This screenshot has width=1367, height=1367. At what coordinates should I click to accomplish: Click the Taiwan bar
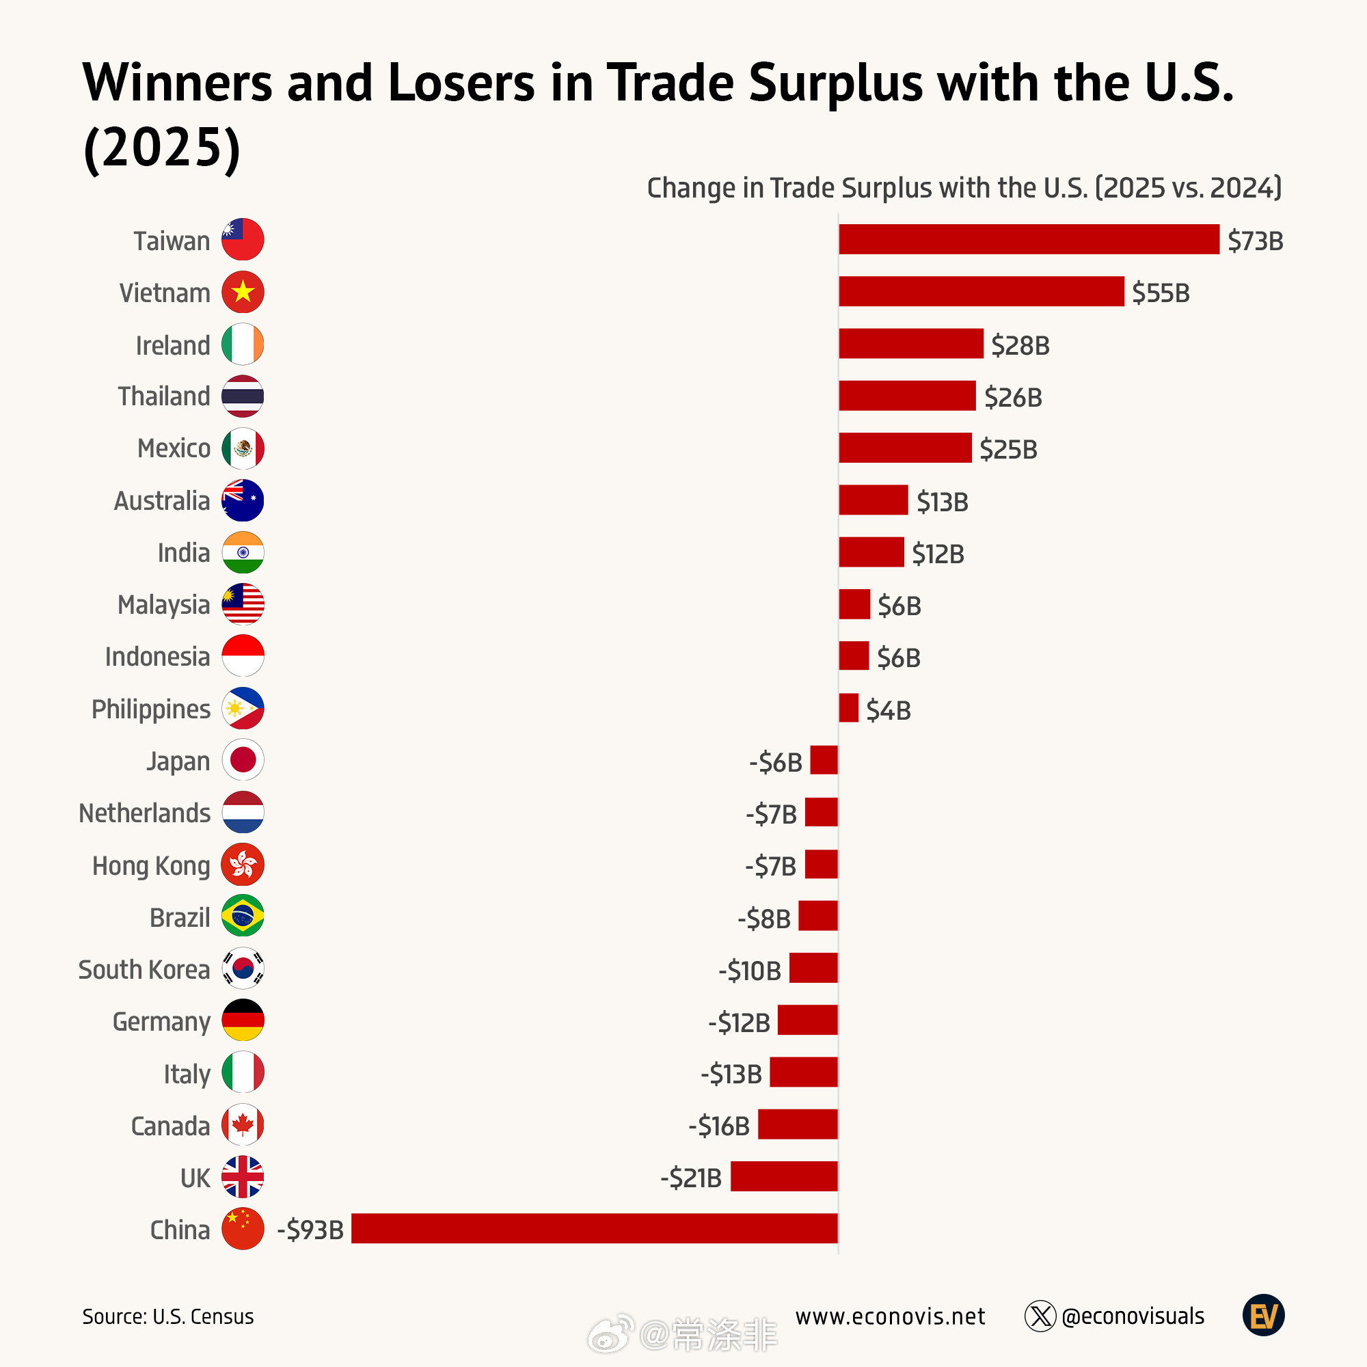point(1029,239)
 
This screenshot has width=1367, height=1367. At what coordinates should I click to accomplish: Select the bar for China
point(595,1228)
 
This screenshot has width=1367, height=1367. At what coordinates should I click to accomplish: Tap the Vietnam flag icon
point(243,292)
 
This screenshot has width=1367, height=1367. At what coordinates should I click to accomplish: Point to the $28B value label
point(1020,345)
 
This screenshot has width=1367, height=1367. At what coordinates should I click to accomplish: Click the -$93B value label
point(310,1230)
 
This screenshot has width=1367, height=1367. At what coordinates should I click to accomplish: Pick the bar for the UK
point(784,1177)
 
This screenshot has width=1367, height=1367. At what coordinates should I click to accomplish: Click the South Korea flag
point(243,968)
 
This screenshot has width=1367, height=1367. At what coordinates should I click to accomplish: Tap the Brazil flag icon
point(243,917)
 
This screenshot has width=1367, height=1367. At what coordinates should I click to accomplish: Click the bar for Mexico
point(905,448)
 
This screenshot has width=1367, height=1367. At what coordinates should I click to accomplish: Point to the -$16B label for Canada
point(719,1126)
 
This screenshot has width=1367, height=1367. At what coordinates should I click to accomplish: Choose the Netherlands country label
point(144,813)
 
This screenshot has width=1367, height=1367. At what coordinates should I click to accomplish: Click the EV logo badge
point(1263,1315)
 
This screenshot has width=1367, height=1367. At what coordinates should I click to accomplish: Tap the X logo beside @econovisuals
point(1040,1316)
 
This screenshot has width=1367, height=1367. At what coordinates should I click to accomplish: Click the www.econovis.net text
point(889,1316)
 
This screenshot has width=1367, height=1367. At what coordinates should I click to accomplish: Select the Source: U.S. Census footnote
point(167,1317)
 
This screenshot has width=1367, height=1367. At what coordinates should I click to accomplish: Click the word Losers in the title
point(461,83)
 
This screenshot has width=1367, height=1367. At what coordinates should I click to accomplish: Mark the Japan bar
point(824,761)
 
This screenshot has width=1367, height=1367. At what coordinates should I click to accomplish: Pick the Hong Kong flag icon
point(243,865)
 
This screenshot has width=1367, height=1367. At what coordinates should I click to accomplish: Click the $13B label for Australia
point(942,502)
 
